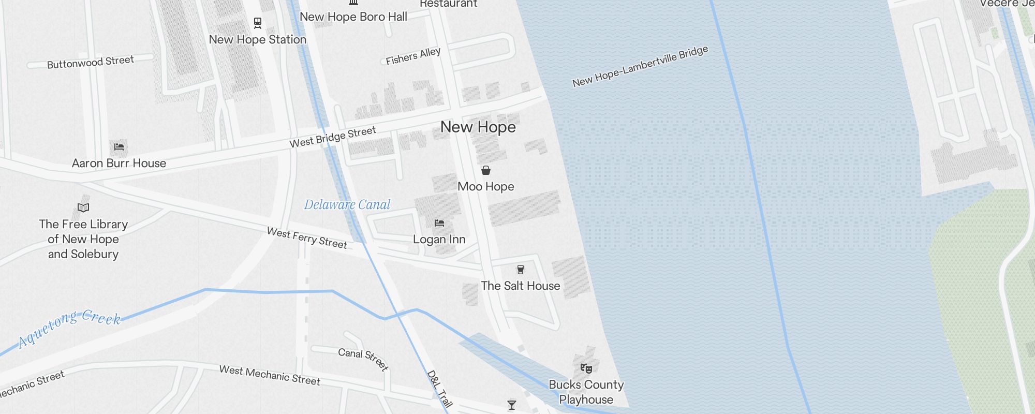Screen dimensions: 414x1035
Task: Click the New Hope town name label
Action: point(478,127)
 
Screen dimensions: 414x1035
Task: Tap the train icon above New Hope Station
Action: point(258,23)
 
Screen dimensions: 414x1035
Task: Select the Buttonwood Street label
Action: point(91,62)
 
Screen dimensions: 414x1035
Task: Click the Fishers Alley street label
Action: point(413,56)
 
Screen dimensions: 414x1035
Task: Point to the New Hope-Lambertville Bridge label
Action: point(640,66)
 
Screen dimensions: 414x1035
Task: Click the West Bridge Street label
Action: point(332,137)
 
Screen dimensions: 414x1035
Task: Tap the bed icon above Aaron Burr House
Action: point(119,147)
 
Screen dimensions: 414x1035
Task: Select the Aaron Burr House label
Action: point(119,164)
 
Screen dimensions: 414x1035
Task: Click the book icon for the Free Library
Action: point(83,208)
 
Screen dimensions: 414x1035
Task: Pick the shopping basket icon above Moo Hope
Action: point(486,170)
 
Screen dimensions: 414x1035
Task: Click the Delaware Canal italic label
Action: point(347,205)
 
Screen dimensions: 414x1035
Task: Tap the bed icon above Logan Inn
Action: point(439,223)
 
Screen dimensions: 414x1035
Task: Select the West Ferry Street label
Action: point(307,238)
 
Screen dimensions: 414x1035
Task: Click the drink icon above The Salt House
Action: point(521,270)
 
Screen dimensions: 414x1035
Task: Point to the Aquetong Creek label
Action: point(70,327)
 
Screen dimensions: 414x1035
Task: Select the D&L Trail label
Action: point(439,389)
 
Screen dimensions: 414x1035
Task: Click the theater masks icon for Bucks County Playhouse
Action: point(586,368)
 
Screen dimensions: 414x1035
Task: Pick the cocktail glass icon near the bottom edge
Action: point(512,405)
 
